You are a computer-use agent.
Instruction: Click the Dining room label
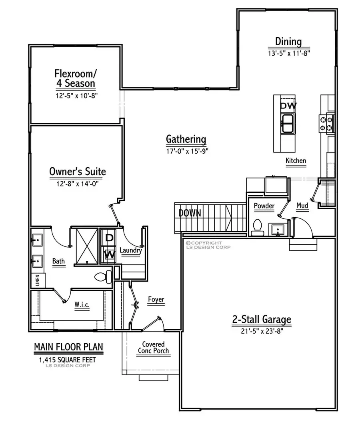click(288, 41)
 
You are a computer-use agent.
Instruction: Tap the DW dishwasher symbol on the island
click(288, 106)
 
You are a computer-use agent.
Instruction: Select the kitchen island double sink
click(288, 124)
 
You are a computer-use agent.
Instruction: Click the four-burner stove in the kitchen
click(326, 123)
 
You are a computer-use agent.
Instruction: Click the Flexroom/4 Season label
click(75, 78)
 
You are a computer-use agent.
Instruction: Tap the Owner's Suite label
click(78, 172)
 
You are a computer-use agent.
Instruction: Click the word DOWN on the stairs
click(190, 213)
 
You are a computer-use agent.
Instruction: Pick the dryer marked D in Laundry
click(109, 238)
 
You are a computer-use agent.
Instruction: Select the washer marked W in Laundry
click(109, 254)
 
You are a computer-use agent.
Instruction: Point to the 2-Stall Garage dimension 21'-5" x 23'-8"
click(262, 331)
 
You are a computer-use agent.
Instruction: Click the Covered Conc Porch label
click(153, 348)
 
